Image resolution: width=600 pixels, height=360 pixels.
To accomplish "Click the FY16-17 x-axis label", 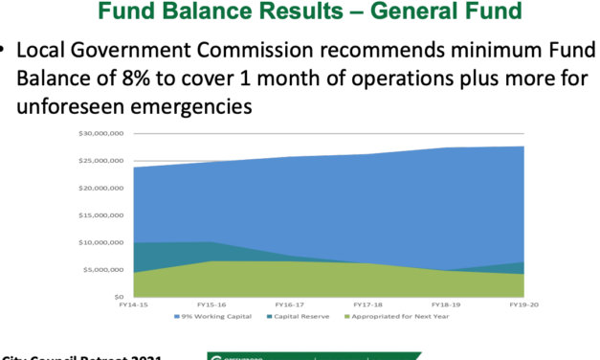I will coord(290,305).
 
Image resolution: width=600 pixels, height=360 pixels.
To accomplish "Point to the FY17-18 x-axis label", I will coord(367,305).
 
